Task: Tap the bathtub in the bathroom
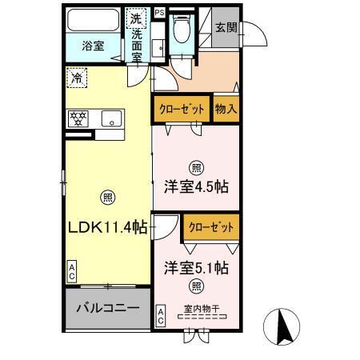[93, 19]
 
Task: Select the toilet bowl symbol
[182, 30]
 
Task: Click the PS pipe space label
[159, 13]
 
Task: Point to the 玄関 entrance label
[226, 26]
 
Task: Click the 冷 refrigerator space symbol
[76, 78]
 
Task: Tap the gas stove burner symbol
[80, 118]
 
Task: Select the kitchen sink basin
[113, 119]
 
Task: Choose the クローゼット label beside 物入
[182, 109]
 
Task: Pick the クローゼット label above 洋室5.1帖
[211, 227]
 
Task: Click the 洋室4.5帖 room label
[197, 187]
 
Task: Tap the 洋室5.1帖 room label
[197, 267]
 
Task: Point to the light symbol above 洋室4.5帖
[196, 167]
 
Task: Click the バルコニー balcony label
[108, 308]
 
